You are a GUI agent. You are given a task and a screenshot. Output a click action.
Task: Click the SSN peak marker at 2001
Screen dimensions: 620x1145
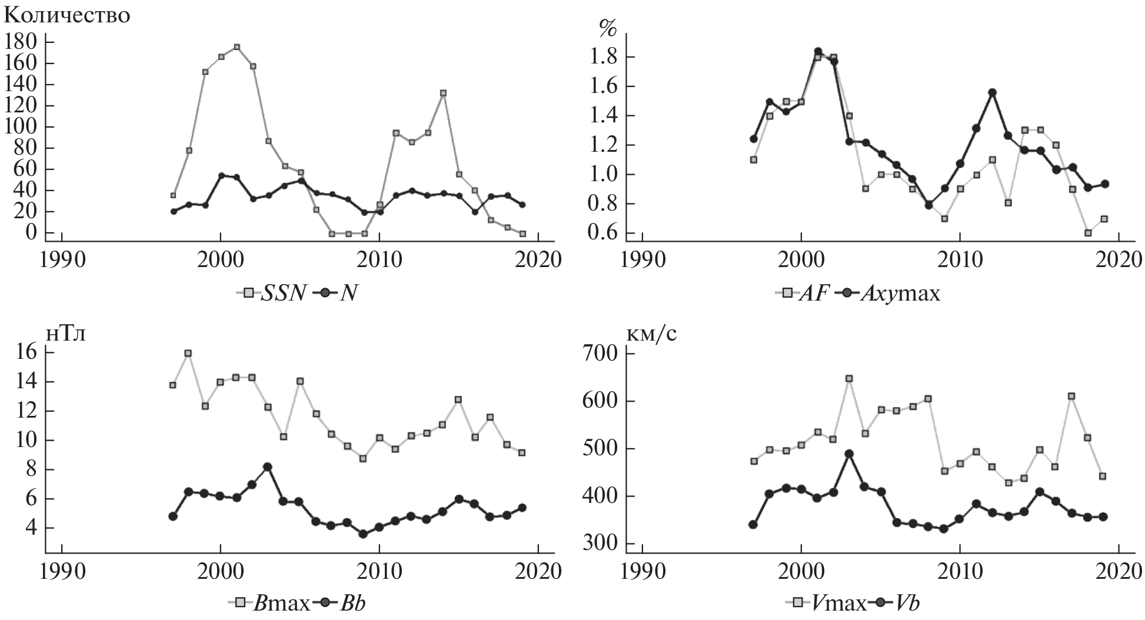pyautogui.click(x=237, y=47)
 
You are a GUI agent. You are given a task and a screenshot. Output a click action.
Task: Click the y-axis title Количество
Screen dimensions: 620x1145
pyautogui.click(x=67, y=15)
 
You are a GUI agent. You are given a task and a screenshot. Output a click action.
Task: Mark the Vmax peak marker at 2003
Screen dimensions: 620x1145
pyautogui.click(x=849, y=379)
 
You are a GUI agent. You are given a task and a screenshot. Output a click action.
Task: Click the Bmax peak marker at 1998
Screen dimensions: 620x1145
pyautogui.click(x=188, y=354)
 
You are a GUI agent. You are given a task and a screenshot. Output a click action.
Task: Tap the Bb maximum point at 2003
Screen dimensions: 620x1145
pyautogui.click(x=268, y=467)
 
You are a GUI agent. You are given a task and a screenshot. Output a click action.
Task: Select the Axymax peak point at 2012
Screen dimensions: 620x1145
pyautogui.click(x=992, y=92)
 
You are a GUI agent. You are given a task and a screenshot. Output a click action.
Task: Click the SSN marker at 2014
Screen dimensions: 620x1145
pyautogui.click(x=443, y=93)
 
